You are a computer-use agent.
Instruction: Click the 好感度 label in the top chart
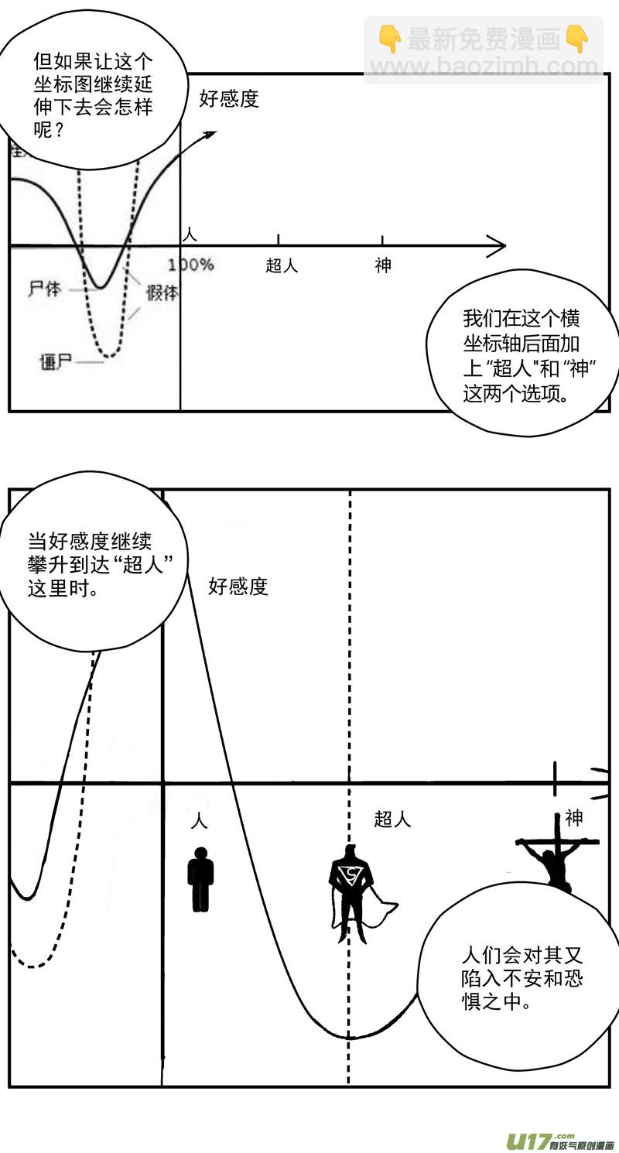pyautogui.click(x=228, y=99)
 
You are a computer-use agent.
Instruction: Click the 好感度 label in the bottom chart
pyautogui.click(x=238, y=587)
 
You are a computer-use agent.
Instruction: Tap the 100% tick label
pyautogui.click(x=190, y=265)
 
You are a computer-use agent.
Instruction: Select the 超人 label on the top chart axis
pyautogui.click(x=282, y=265)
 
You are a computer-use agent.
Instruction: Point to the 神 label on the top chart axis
pyautogui.click(x=383, y=265)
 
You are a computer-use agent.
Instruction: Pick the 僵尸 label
pyautogui.click(x=55, y=361)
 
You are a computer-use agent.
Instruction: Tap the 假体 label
pyautogui.click(x=162, y=293)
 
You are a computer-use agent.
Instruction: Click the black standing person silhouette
pyautogui.click(x=200, y=879)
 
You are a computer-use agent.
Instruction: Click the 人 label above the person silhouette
pyautogui.click(x=200, y=819)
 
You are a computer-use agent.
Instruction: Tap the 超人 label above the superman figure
pyautogui.click(x=392, y=819)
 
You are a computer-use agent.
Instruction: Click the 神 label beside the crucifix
pyautogui.click(x=573, y=817)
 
